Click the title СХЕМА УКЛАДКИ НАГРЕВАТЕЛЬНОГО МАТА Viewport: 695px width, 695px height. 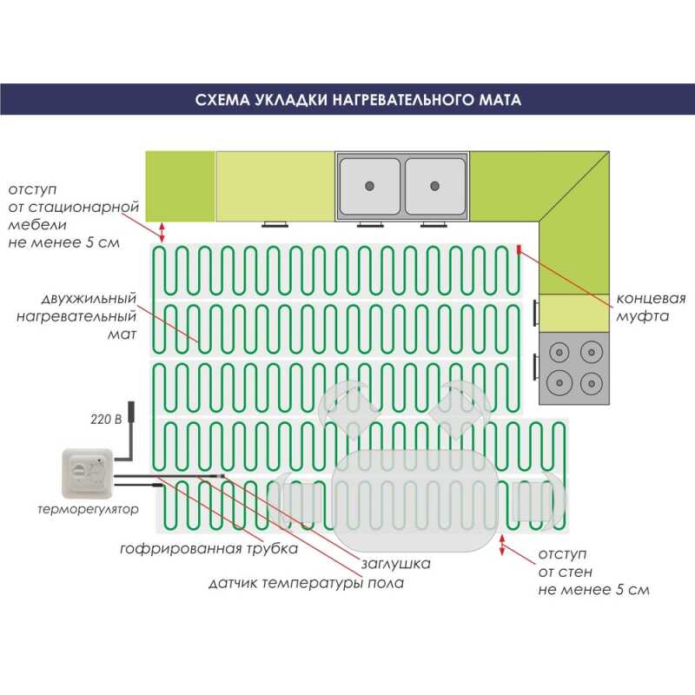(358, 99)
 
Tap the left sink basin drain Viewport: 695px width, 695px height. (369, 186)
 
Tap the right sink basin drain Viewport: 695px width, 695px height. (434, 186)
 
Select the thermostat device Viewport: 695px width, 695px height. (88, 473)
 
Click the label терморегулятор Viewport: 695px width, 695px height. (88, 509)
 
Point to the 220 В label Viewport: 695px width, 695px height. (106, 419)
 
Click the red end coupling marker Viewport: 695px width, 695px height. (519, 250)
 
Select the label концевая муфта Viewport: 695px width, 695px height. (651, 308)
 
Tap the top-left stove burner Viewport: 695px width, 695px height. (559, 353)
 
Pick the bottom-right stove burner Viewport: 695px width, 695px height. (592, 383)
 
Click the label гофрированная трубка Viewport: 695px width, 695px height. (208, 549)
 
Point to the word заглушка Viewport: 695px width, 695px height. (395, 564)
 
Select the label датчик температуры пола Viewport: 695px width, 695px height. (307, 583)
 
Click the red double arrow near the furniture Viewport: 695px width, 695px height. (162, 232)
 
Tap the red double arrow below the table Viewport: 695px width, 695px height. (502, 545)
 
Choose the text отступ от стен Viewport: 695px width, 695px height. (566, 563)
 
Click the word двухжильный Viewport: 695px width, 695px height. (89, 299)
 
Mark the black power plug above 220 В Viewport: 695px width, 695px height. (131, 412)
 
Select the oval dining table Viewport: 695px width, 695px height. (415, 501)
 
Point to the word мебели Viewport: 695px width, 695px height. (37, 224)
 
